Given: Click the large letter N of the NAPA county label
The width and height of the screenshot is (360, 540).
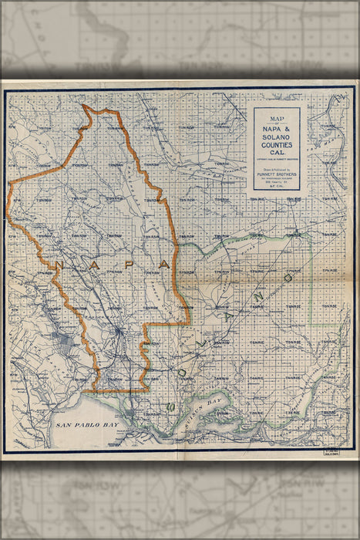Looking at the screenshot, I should [x=60, y=265].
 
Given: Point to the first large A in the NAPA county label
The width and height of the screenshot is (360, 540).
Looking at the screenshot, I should [x=93, y=265].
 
